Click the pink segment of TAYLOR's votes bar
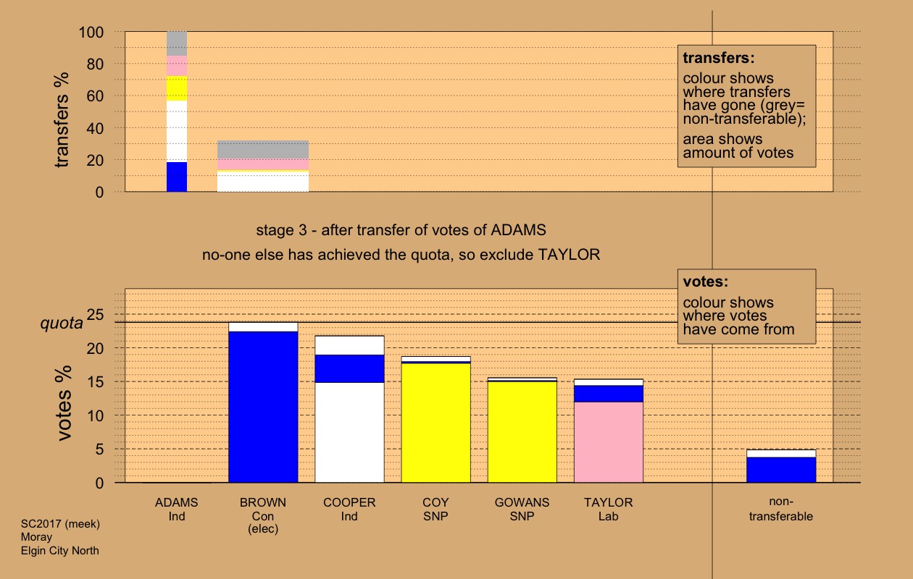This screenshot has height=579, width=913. coord(609,441)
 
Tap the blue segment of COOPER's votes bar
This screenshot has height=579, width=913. coord(349,368)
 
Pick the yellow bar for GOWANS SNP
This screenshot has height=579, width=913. coord(522,431)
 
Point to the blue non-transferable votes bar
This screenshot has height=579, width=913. coord(781,470)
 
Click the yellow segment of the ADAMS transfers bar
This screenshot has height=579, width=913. coord(177,88)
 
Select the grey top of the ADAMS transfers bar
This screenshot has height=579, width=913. coord(177,43)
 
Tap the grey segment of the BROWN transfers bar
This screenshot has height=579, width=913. coord(263,149)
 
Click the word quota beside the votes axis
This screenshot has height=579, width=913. coord(61,324)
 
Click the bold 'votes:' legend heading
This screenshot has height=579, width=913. coord(705,282)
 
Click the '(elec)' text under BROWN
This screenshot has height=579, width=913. coord(263,529)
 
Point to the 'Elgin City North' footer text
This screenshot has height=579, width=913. coord(60,551)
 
